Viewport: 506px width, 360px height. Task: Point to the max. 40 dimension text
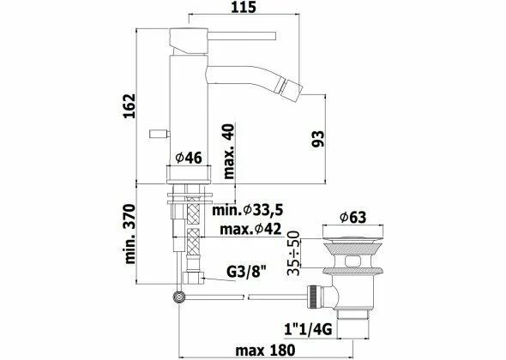click(x=229, y=149)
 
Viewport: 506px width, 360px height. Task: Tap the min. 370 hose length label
click(x=130, y=243)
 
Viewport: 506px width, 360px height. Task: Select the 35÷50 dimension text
click(x=293, y=252)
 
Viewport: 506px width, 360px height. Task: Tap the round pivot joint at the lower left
click(x=179, y=297)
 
